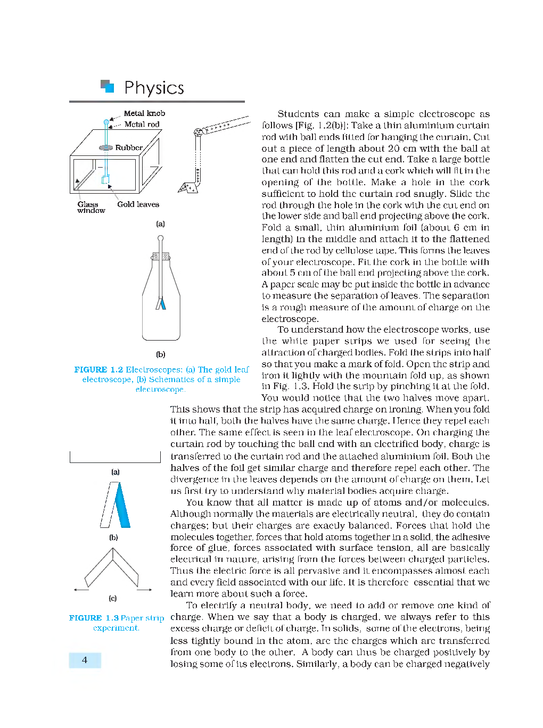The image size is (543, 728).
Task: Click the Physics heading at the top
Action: click(x=154, y=88)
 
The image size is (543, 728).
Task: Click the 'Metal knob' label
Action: click(x=144, y=113)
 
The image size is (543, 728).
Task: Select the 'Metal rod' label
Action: click(x=142, y=125)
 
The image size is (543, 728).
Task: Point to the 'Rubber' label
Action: click(x=129, y=147)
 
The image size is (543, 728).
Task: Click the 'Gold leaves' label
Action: click(x=138, y=204)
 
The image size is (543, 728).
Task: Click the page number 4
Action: click(x=85, y=660)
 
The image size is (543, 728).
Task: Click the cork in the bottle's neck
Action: click(x=161, y=257)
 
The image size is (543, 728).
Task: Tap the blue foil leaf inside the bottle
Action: click(x=163, y=304)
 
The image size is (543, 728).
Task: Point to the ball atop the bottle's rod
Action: click(x=160, y=238)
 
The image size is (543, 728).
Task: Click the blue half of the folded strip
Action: click(x=122, y=506)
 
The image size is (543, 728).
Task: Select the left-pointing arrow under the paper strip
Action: click(x=81, y=590)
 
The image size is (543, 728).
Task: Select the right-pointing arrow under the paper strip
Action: click(x=144, y=590)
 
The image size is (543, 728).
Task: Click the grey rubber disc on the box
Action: click(x=106, y=147)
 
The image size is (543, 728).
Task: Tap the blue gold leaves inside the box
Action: click(x=105, y=179)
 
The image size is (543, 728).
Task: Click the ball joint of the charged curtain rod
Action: click(x=198, y=132)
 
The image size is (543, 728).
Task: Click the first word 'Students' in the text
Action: click(x=298, y=114)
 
